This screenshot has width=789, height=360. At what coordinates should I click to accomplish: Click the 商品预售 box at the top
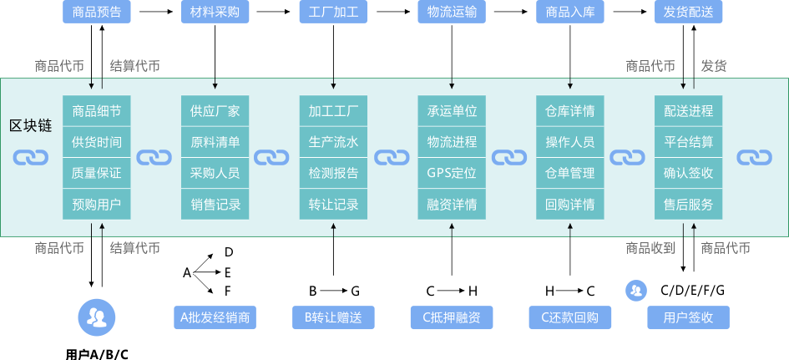click(97, 13)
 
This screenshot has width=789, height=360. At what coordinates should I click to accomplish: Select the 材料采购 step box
click(215, 13)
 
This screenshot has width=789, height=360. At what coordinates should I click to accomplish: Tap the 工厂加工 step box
click(333, 13)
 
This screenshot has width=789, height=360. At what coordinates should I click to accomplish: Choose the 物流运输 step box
click(452, 13)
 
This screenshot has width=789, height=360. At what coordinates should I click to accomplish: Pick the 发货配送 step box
click(688, 13)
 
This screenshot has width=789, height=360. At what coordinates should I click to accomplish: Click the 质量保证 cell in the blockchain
click(97, 174)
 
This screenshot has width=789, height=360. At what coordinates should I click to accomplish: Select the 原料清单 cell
click(215, 142)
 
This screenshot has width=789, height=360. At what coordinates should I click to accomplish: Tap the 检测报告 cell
click(333, 174)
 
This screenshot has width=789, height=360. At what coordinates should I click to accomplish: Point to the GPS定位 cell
click(452, 174)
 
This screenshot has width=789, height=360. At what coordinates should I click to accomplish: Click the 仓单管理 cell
click(570, 174)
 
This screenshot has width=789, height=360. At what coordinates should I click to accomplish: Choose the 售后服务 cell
click(688, 205)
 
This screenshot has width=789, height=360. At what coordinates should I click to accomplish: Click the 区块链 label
click(31, 125)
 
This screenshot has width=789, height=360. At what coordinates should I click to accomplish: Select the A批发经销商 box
click(215, 317)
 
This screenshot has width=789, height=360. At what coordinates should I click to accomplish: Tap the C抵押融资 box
click(452, 317)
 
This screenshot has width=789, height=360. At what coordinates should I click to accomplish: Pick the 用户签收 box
click(688, 317)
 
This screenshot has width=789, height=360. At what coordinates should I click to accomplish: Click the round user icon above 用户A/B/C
click(97, 316)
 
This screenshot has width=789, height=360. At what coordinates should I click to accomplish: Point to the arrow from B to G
click(333, 291)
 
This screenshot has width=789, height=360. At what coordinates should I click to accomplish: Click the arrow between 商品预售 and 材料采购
click(155, 13)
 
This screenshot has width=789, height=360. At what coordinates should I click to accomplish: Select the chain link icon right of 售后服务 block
click(753, 158)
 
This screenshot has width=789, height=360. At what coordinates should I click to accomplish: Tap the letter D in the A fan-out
click(228, 252)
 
